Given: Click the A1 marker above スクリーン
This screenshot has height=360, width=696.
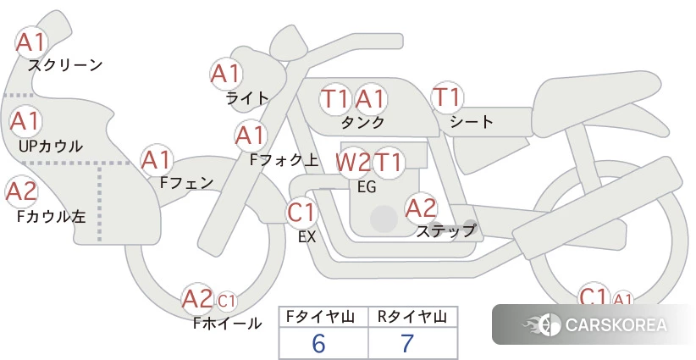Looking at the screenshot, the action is tap(31, 42).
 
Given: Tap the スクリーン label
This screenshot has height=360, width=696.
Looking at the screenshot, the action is tap(65, 66).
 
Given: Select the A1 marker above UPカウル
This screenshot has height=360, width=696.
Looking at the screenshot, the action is tap(25, 121).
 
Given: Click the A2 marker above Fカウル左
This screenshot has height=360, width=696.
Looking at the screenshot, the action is tap(21, 191).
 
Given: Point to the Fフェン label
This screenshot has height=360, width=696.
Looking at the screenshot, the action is tap(186, 182).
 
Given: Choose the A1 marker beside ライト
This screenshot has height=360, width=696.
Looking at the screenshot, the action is tap(226, 74).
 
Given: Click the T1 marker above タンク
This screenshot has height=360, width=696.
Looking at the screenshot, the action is tap(334, 98).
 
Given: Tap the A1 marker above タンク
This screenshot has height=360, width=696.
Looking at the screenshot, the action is tap(370, 98).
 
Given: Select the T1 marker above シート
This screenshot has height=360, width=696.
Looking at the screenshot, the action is tap(447, 97).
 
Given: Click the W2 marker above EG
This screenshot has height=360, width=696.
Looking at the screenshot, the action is tap(353, 163).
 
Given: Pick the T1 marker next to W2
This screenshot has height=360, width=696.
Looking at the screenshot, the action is tap(389, 163).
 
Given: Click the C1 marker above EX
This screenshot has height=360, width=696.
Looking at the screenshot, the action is tap(301, 212).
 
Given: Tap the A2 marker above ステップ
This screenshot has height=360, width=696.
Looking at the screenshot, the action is tap(421, 208).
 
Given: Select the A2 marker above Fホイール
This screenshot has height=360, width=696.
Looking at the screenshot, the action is tap(198, 298).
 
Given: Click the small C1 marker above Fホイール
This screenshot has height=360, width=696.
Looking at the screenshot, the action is tap(226, 301).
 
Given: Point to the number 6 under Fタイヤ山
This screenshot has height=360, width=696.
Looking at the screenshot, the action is tap(318, 343).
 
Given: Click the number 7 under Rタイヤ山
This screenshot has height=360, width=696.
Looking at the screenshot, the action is tap(407, 343).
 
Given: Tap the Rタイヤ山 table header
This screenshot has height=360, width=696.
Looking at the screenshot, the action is tap(412, 317).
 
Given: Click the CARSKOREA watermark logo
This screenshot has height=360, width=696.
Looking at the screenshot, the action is tap(594, 324).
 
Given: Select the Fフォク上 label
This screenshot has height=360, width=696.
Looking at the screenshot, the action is tap(284, 160).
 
